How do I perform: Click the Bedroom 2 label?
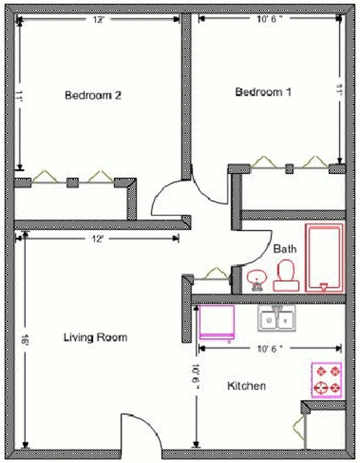click(x=93, y=95)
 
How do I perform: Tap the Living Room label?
click(x=95, y=337)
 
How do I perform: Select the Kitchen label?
click(x=246, y=385)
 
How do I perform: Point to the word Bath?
click(x=285, y=248)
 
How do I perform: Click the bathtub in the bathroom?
click(x=324, y=258)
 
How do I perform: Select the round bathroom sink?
click(x=257, y=278)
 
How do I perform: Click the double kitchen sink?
click(x=276, y=319)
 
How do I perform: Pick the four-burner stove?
click(x=326, y=380)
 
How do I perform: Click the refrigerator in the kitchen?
click(x=217, y=321)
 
